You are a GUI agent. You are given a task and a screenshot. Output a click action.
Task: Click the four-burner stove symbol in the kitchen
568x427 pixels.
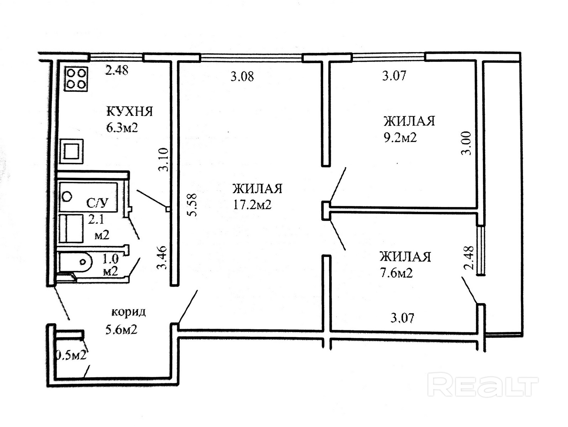click(76, 79)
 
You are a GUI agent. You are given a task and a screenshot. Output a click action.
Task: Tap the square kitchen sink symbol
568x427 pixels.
click(72, 151)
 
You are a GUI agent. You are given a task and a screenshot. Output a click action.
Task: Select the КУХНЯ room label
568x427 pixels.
click(130, 111)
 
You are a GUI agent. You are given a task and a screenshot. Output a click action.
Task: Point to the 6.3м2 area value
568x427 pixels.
click(122, 127)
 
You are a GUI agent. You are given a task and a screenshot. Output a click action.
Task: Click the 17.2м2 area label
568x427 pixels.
click(252, 205)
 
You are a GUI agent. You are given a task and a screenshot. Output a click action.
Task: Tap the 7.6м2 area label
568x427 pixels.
click(396, 273)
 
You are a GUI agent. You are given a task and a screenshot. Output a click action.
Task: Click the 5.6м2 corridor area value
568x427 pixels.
click(121, 330)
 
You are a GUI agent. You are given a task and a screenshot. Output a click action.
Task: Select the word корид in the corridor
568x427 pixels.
click(128, 312)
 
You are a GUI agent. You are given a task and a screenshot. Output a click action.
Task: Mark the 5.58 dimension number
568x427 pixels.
click(193, 205)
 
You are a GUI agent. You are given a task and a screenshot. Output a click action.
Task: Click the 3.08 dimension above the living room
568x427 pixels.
click(242, 77)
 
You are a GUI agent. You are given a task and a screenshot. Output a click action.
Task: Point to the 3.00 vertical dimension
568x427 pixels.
click(466, 143)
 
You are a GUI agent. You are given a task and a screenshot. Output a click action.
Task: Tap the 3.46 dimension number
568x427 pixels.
click(163, 258)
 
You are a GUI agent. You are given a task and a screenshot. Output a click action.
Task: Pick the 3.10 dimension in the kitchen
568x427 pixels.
click(164, 159)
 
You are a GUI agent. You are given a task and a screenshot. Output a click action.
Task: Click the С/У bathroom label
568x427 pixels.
click(97, 203)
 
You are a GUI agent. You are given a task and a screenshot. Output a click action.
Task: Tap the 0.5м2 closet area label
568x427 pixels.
click(71, 356)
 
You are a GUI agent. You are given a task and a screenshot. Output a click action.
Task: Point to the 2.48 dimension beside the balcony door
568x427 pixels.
click(469, 258)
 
